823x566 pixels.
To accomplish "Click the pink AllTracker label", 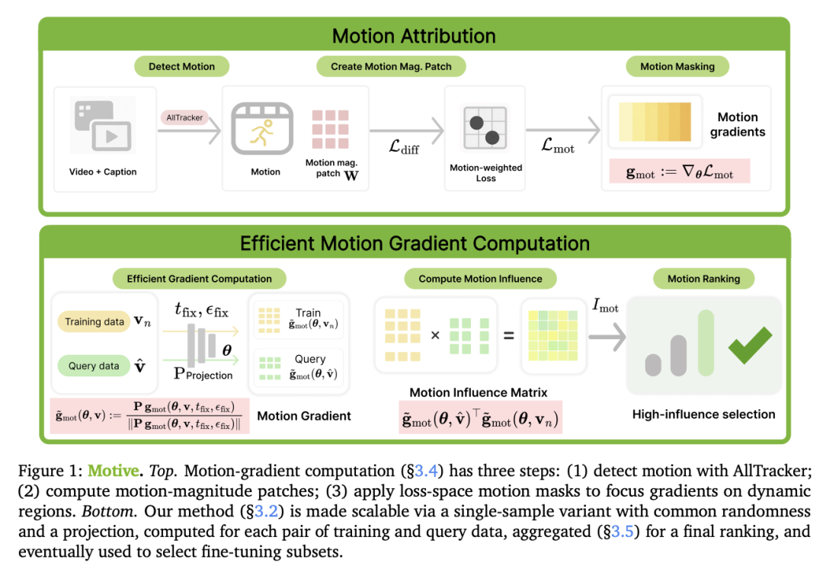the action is pos(184,117).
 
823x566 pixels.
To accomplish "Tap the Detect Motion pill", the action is pos(181,66).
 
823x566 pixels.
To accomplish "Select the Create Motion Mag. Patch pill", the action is pos(391,66).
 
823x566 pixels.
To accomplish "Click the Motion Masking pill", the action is pos(677,66).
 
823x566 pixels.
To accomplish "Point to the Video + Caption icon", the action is pos(103,126).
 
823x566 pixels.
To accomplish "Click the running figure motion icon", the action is pos(262,129).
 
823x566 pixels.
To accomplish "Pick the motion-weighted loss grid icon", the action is pos(485,127).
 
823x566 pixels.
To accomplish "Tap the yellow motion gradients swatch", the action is pos(655,122).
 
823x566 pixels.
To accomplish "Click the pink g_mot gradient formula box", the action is pos(680,171).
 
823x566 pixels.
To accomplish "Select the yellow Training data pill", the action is pos(94,321).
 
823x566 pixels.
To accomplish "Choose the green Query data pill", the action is pos(94,366).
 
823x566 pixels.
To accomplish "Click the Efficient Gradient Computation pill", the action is pos(200,279).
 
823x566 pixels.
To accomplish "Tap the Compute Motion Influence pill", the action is pos(480,279).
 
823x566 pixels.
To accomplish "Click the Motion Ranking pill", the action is pos(703,279).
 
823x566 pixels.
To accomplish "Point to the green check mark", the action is pos(750,345).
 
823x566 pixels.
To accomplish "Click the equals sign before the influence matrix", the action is pos(508,335).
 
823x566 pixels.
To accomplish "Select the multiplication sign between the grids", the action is pos(435,335).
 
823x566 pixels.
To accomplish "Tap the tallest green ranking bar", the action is pos(706,343).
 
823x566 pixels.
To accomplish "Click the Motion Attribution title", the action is pos(414,36).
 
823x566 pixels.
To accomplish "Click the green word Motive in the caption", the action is pos(114,471).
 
